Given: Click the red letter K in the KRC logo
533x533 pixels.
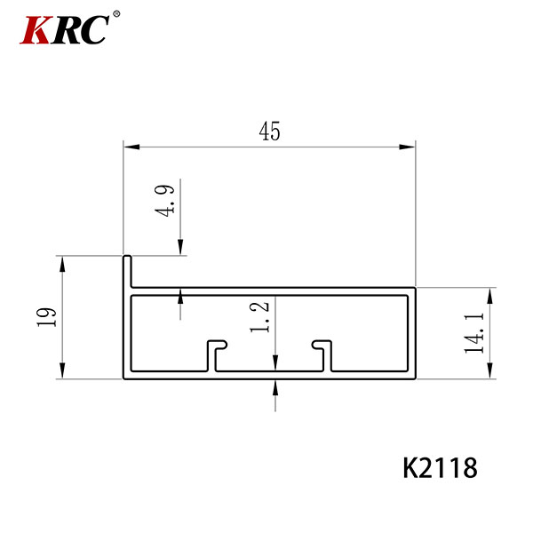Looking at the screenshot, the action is point(36,29).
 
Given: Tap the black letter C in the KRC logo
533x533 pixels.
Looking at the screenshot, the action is point(94,29).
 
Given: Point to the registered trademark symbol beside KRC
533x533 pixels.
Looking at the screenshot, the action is point(116,14).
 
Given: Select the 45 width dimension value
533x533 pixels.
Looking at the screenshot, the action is point(269,131).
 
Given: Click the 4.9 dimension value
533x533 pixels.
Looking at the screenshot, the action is point(164,201).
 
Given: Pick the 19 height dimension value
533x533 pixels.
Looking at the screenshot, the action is point(46,317).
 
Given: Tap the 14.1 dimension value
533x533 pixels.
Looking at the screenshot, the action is point(474,333).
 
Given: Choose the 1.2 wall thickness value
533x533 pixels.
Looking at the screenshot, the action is point(259,317).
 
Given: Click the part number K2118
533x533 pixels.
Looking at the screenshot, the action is point(441,468).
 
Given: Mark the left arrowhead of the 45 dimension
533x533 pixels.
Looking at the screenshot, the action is point(131,147).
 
